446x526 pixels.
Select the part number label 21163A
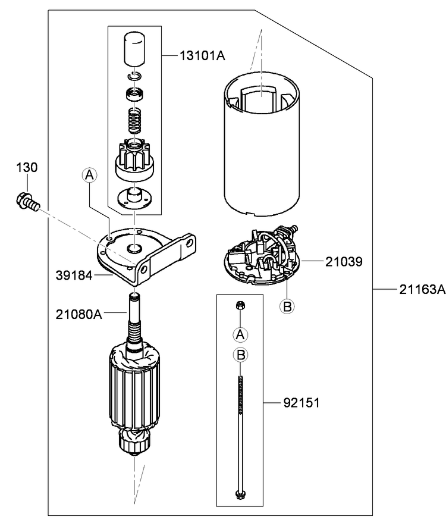(x=422, y=290)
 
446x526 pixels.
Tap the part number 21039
(x=343, y=261)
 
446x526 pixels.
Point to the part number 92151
(x=301, y=403)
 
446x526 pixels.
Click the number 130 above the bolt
(x=27, y=168)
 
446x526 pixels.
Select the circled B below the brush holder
(x=287, y=306)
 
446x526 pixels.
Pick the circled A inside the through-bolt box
(x=240, y=334)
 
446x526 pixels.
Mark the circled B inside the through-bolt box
(x=240, y=355)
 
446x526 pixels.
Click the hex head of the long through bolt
(x=240, y=493)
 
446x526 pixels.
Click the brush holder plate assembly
(x=262, y=256)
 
